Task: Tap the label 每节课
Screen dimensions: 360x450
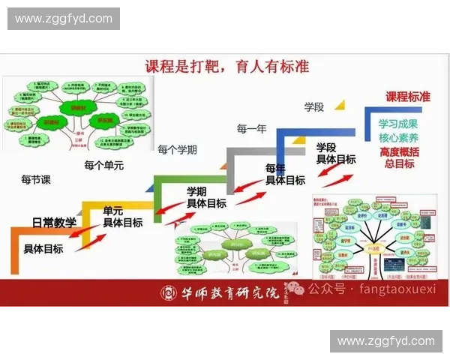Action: [x=36, y=180]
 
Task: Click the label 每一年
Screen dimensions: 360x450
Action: [x=251, y=129]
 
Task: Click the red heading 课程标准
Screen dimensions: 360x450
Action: [x=408, y=97]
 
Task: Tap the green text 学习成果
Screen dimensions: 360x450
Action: [x=398, y=124]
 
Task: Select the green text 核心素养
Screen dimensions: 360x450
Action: [x=398, y=138]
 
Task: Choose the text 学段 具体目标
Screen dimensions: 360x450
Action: [x=335, y=153]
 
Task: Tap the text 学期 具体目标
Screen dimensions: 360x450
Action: [x=206, y=197]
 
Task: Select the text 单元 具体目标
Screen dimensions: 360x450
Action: [x=122, y=217]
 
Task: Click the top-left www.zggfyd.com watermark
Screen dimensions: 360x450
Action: [x=63, y=19]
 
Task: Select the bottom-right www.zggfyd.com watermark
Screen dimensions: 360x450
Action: [x=385, y=341]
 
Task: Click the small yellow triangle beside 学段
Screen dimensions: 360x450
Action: [x=339, y=105]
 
